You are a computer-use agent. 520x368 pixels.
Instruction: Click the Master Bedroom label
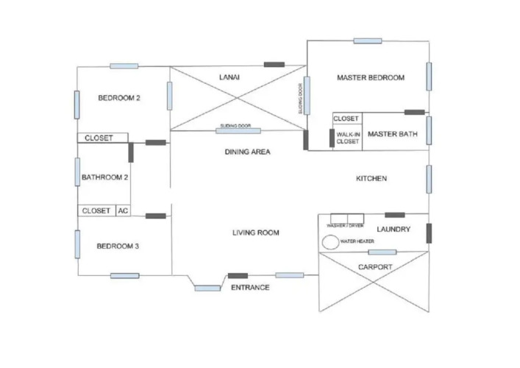coord(370,78)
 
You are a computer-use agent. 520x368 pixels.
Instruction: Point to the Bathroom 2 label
coord(105,177)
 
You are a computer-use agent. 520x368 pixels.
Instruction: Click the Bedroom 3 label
coord(118,246)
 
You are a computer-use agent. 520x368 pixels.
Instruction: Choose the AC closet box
coord(123,210)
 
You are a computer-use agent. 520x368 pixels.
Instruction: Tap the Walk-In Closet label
coord(347,138)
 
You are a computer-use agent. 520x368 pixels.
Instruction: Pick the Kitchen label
coord(371,179)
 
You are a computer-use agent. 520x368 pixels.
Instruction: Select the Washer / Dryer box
coord(347,224)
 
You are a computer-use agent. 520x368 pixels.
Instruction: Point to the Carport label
coord(375,267)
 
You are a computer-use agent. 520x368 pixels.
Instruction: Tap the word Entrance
coord(250,287)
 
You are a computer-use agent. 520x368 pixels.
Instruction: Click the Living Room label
coord(256,233)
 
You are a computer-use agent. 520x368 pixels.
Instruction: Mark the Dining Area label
coord(248,152)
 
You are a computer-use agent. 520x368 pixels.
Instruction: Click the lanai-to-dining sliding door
coord(238,130)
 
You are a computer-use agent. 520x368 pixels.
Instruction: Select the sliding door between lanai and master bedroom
coord(307,95)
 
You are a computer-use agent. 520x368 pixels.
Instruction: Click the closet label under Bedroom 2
coord(99,138)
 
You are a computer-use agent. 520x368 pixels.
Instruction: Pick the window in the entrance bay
coord(207,288)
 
